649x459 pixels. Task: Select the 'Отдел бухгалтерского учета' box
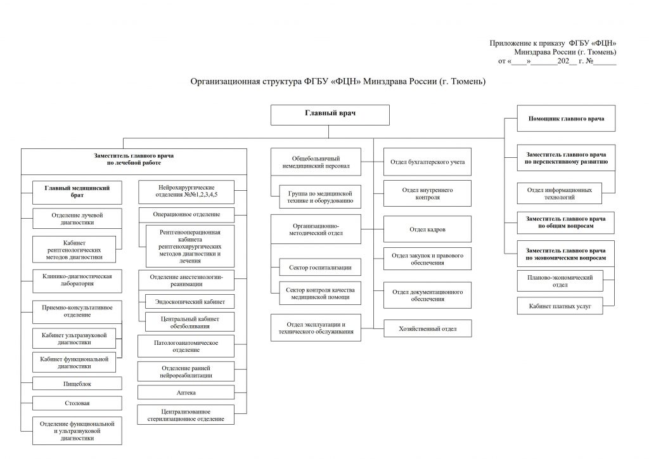tap(428, 162)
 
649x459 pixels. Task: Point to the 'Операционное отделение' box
tap(186, 214)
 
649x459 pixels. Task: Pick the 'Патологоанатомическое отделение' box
tap(186, 346)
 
